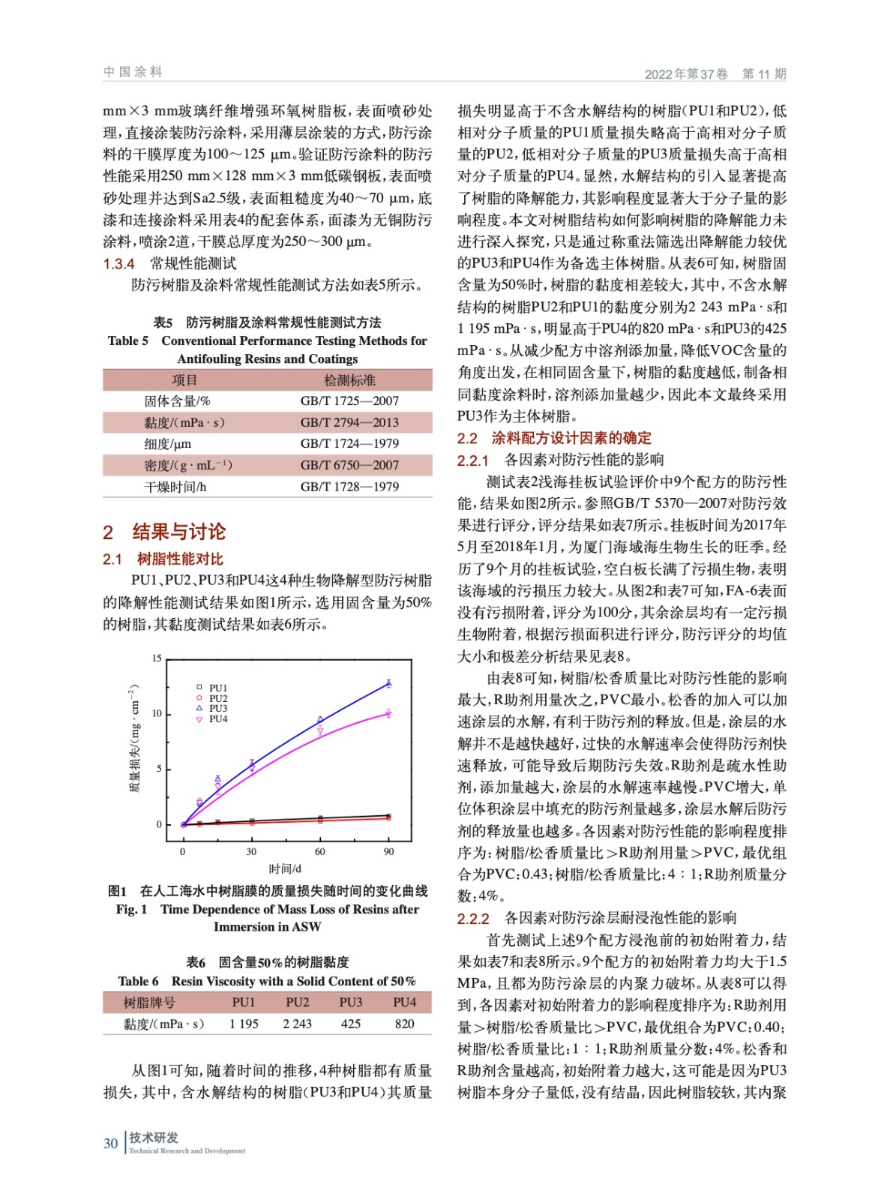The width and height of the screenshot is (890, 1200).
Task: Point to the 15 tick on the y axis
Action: point(157,658)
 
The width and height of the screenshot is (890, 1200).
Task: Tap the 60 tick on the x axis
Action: point(320,851)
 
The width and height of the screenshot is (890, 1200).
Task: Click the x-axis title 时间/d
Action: point(285,868)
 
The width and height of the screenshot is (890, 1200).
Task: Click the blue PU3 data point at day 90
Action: point(388,683)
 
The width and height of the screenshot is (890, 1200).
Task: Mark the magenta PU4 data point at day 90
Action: point(388,713)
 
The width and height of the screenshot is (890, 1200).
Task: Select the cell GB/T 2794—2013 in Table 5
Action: point(349,422)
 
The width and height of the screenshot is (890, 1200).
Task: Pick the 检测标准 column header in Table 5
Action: point(349,379)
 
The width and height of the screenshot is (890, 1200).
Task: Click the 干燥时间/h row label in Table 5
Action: point(175,487)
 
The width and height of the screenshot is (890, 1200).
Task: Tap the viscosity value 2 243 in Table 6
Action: point(297,1024)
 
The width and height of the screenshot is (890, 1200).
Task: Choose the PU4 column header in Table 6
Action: point(404,1002)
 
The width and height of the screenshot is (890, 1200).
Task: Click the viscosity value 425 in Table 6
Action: point(350,1024)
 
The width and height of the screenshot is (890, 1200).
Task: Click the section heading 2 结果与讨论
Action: point(164,532)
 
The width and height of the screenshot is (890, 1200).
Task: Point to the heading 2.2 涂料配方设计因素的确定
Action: point(554,438)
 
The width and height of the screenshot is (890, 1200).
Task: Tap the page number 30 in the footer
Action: point(110,1143)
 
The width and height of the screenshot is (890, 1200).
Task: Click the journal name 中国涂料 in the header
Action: point(133,72)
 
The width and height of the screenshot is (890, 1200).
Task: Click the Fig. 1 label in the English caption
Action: point(131,909)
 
